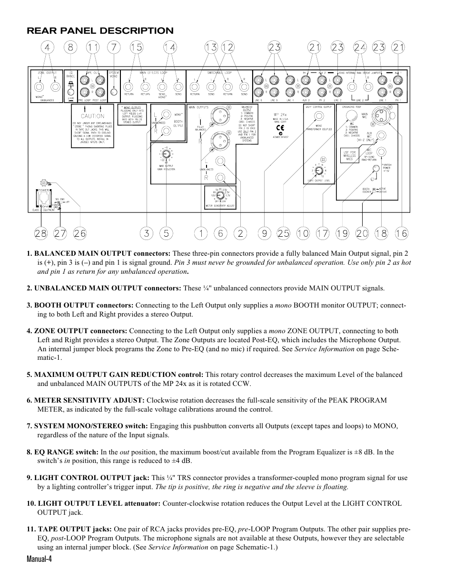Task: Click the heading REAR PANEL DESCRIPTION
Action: coord(100,31)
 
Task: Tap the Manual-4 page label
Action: coord(39,559)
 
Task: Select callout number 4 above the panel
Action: coord(47,47)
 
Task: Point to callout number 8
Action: coord(71,47)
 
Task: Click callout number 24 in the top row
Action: coord(360,47)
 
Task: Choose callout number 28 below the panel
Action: coord(41,233)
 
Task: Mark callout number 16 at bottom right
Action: coord(401,233)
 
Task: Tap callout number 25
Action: coord(283,233)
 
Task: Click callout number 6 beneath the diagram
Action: coord(220,233)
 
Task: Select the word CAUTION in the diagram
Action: coord(93,116)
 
